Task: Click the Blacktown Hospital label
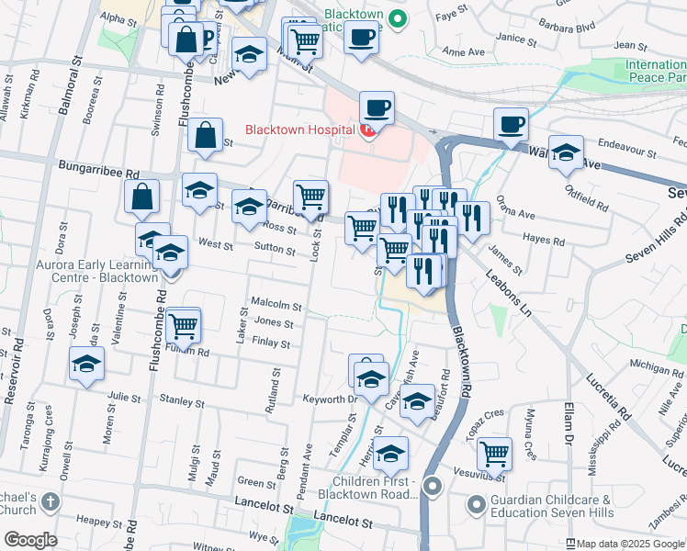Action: [x=298, y=129]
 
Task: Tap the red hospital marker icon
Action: [x=367, y=131]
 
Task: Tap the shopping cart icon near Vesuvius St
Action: [x=495, y=453]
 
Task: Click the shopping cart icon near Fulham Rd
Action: [x=184, y=325]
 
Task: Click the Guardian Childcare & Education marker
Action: [x=476, y=504]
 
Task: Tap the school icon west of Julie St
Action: [x=86, y=365]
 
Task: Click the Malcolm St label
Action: [x=276, y=305]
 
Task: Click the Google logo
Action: [x=30, y=540]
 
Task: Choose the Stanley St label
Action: [x=182, y=402]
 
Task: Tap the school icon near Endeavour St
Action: [x=567, y=154]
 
